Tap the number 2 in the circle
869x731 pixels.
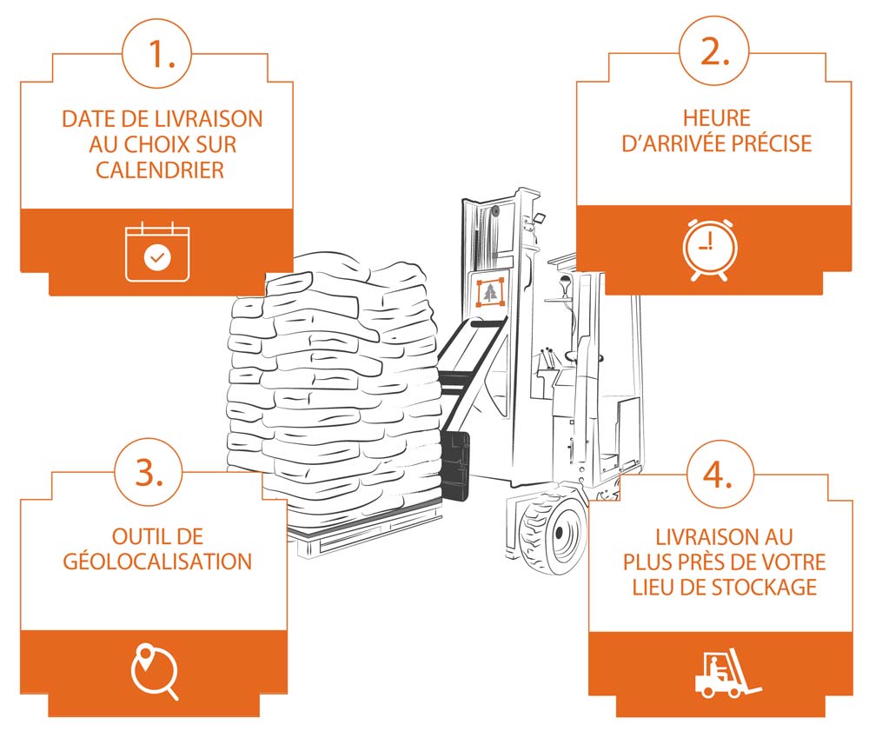click(x=715, y=54)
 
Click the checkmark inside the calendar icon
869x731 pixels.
click(x=157, y=258)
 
